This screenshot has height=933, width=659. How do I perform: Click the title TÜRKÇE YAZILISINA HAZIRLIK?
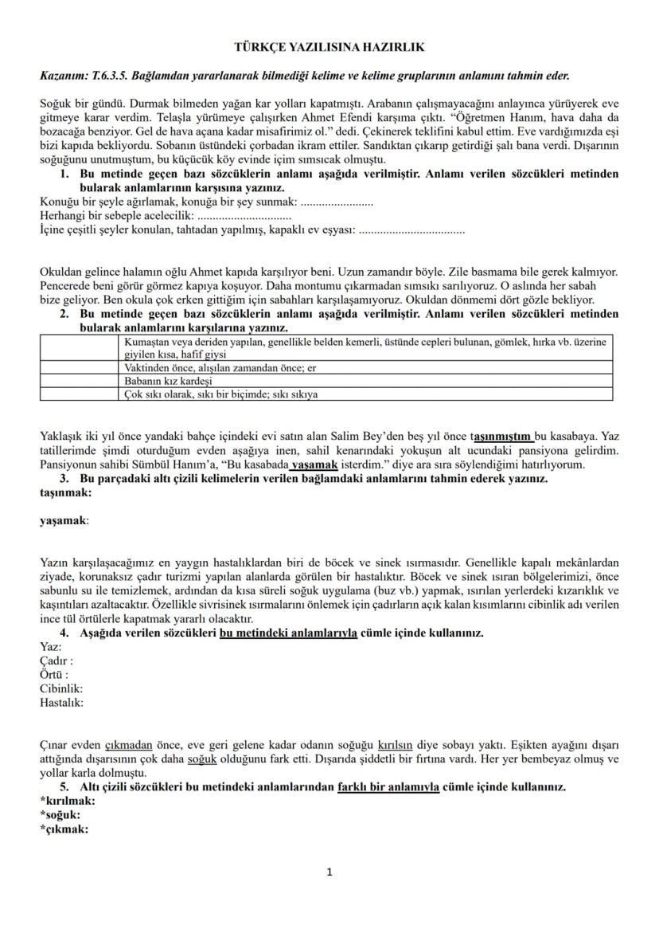pyautogui.click(x=329, y=48)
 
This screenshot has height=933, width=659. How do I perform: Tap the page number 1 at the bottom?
pyautogui.click(x=329, y=872)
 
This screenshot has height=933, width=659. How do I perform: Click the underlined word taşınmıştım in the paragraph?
pyautogui.click(x=504, y=436)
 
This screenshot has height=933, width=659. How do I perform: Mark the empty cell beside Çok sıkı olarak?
pyautogui.click(x=80, y=394)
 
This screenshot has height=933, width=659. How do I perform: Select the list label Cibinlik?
pyautogui.click(x=61, y=688)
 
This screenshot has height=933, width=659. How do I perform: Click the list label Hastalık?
pyautogui.click(x=61, y=703)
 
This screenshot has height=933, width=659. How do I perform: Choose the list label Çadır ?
pyautogui.click(x=57, y=661)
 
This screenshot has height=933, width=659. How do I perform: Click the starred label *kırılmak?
pyautogui.click(x=68, y=800)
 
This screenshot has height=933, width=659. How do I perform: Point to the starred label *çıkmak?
pyautogui.click(x=64, y=828)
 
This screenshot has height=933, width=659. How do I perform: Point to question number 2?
pyautogui.click(x=64, y=314)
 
